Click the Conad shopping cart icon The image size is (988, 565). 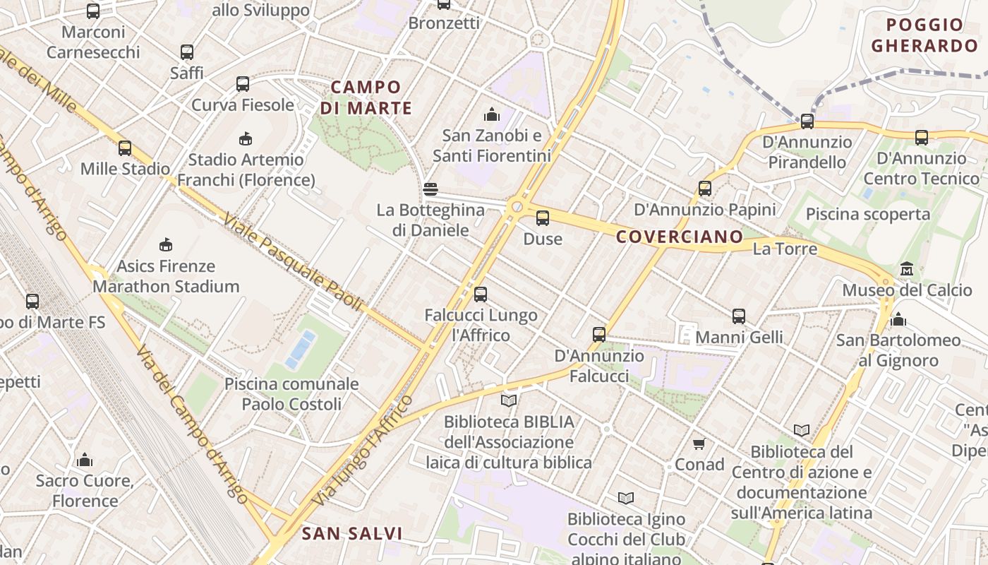click(699, 444)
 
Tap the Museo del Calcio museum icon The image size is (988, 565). click(907, 269)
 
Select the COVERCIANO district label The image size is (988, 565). click(680, 237)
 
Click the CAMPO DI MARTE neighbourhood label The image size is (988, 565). click(366, 97)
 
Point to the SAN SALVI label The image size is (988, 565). click(352, 533)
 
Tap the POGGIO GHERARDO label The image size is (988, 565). click(924, 35)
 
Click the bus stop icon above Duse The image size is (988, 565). click(542, 218)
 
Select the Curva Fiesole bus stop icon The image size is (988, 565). click(243, 84)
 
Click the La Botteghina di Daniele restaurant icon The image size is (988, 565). click(430, 189)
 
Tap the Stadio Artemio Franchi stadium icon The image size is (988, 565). click(246, 138)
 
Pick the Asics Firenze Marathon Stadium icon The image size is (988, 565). click(166, 245)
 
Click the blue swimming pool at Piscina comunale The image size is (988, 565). click(300, 350)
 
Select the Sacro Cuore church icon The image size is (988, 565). click(85, 460)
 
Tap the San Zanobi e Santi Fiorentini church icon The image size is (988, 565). click(491, 114)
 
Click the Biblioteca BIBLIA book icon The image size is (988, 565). click(508, 401)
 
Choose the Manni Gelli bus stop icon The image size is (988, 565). click(739, 316)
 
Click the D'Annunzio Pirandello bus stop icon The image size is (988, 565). click(807, 121)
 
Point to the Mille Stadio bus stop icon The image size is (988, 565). click(125, 148)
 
